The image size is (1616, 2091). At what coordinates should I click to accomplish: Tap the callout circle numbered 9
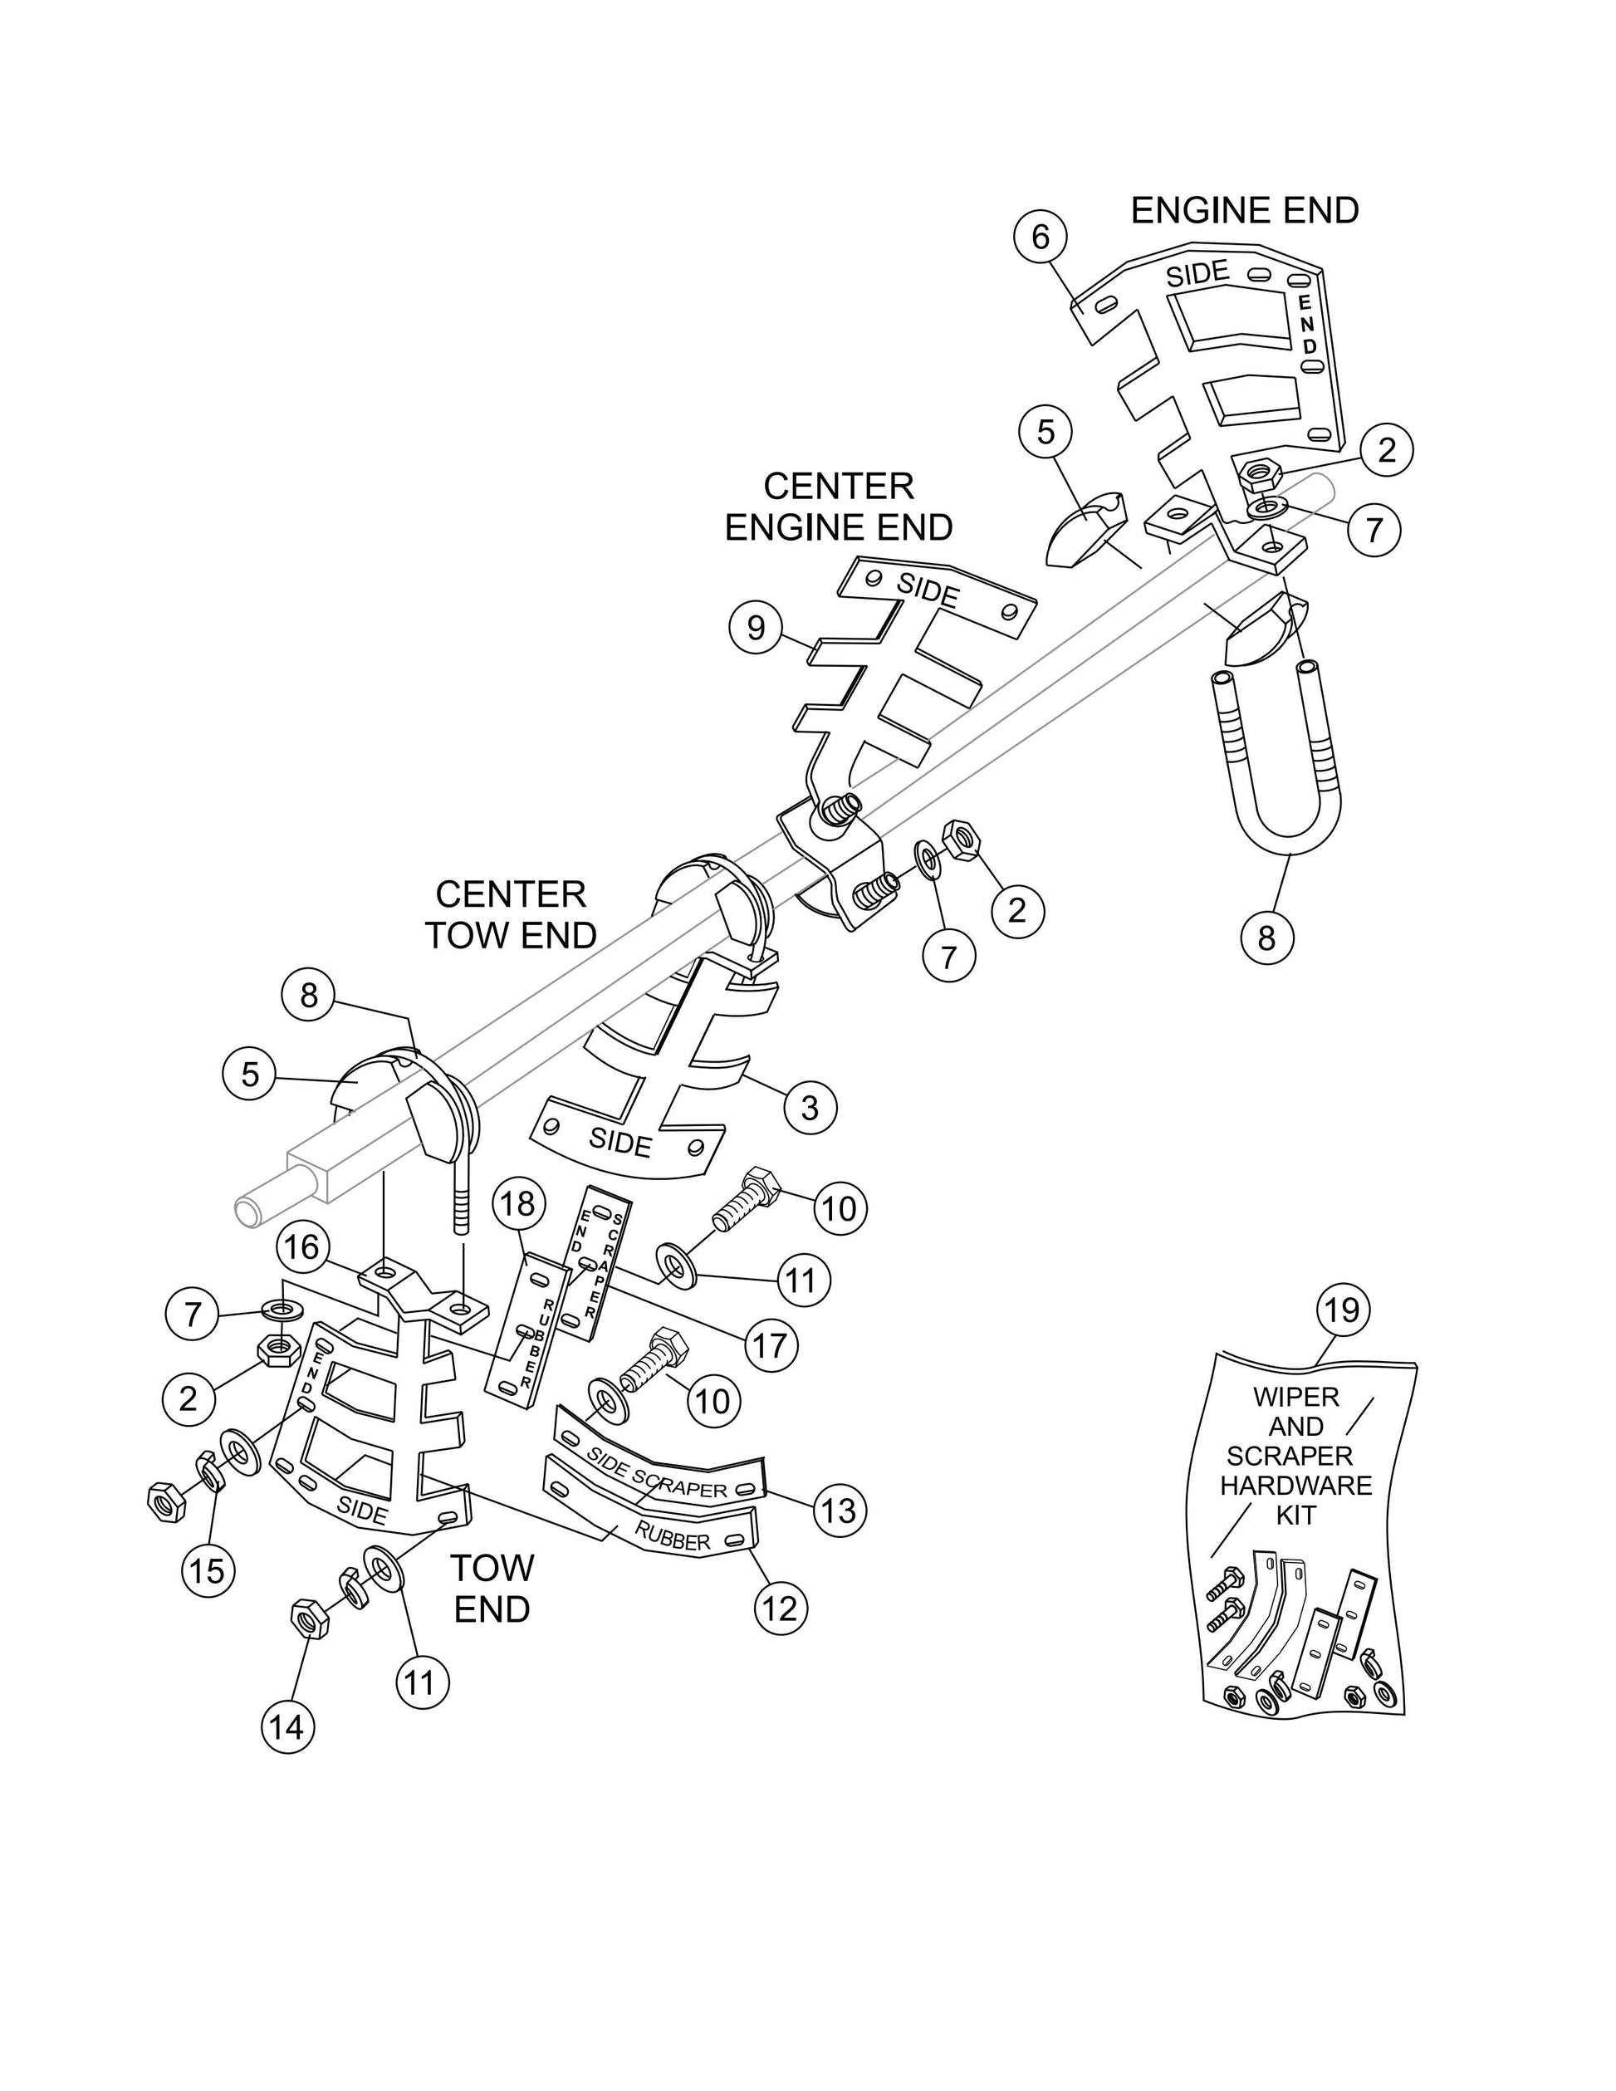click(757, 628)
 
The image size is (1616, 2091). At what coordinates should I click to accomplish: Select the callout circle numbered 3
click(810, 1108)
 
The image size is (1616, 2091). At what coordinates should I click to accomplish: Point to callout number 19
click(1342, 1309)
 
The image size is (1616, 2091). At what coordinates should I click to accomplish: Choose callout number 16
click(303, 1247)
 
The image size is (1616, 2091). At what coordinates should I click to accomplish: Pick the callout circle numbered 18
click(518, 1204)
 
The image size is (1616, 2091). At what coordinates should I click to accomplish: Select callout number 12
click(781, 1609)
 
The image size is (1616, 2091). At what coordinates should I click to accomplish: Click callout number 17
click(771, 1345)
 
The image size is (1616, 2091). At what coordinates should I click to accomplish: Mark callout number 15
click(208, 1570)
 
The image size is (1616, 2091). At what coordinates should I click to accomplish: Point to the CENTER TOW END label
click(512, 915)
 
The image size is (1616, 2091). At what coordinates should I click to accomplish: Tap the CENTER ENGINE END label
click(839, 507)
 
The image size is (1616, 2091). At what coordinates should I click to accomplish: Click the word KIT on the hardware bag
click(1296, 1516)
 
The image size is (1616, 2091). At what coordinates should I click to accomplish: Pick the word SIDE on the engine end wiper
click(1197, 275)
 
